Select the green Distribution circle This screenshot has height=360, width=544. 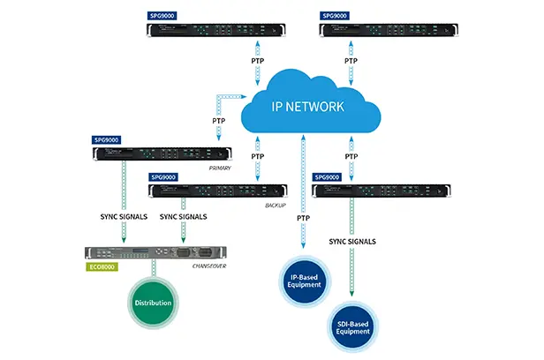(x=153, y=304)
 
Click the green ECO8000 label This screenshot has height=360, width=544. (x=100, y=264)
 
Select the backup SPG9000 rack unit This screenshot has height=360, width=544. (x=218, y=191)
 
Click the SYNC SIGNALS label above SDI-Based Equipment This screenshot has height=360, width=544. (x=353, y=241)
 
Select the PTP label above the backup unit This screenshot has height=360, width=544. (x=257, y=156)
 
